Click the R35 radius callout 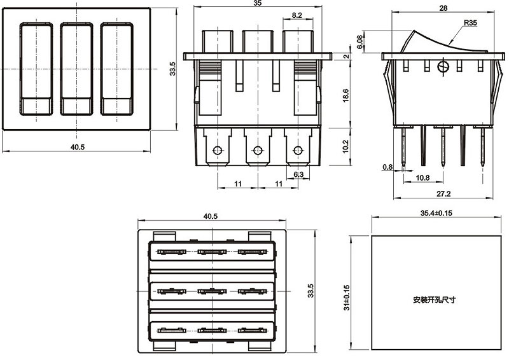(471, 23)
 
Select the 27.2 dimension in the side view (444, 193)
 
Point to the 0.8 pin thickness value (388, 167)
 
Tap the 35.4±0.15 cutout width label (436, 214)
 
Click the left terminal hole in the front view (218, 151)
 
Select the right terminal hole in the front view (297, 151)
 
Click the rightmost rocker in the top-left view (118, 69)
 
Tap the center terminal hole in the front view (257, 151)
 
